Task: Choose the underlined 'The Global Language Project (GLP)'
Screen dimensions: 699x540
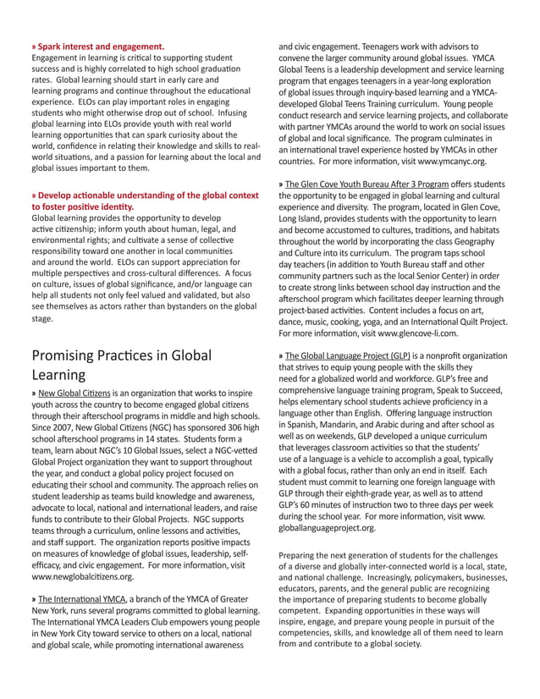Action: click(348, 356)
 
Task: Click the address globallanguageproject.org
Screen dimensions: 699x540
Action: click(327, 527)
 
